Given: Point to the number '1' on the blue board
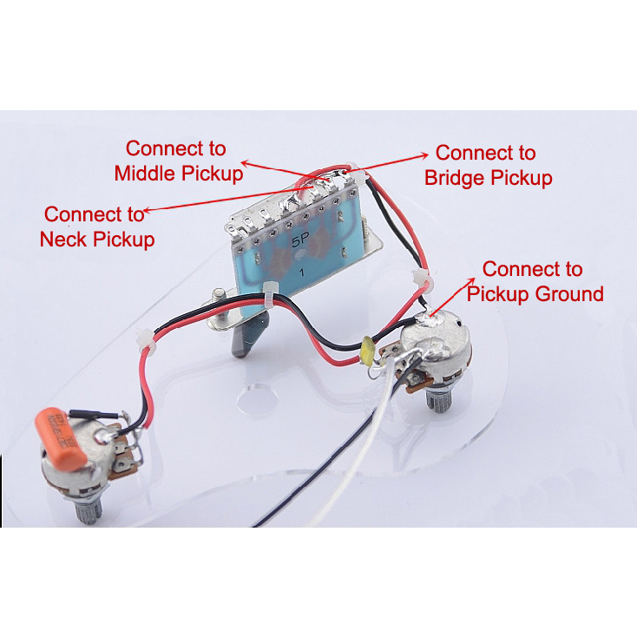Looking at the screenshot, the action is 302,272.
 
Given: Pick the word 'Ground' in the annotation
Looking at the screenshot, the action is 568,293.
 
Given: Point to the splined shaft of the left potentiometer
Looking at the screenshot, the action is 89,510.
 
